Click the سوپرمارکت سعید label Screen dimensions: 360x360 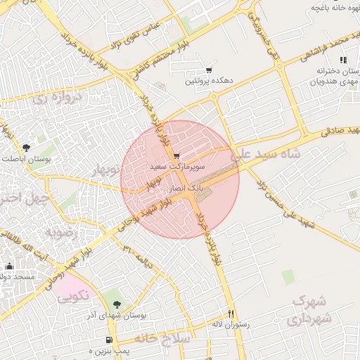click(176, 166)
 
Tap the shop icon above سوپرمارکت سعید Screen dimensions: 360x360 click(176, 155)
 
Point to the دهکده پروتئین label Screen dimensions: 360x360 click(207, 81)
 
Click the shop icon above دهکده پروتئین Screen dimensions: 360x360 click(209, 70)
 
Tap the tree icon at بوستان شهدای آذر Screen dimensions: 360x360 click(117, 304)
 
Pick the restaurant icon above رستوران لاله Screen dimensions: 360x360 click(230, 314)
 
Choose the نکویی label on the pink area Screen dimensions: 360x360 click(72, 296)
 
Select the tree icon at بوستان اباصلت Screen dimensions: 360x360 click(26, 148)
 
